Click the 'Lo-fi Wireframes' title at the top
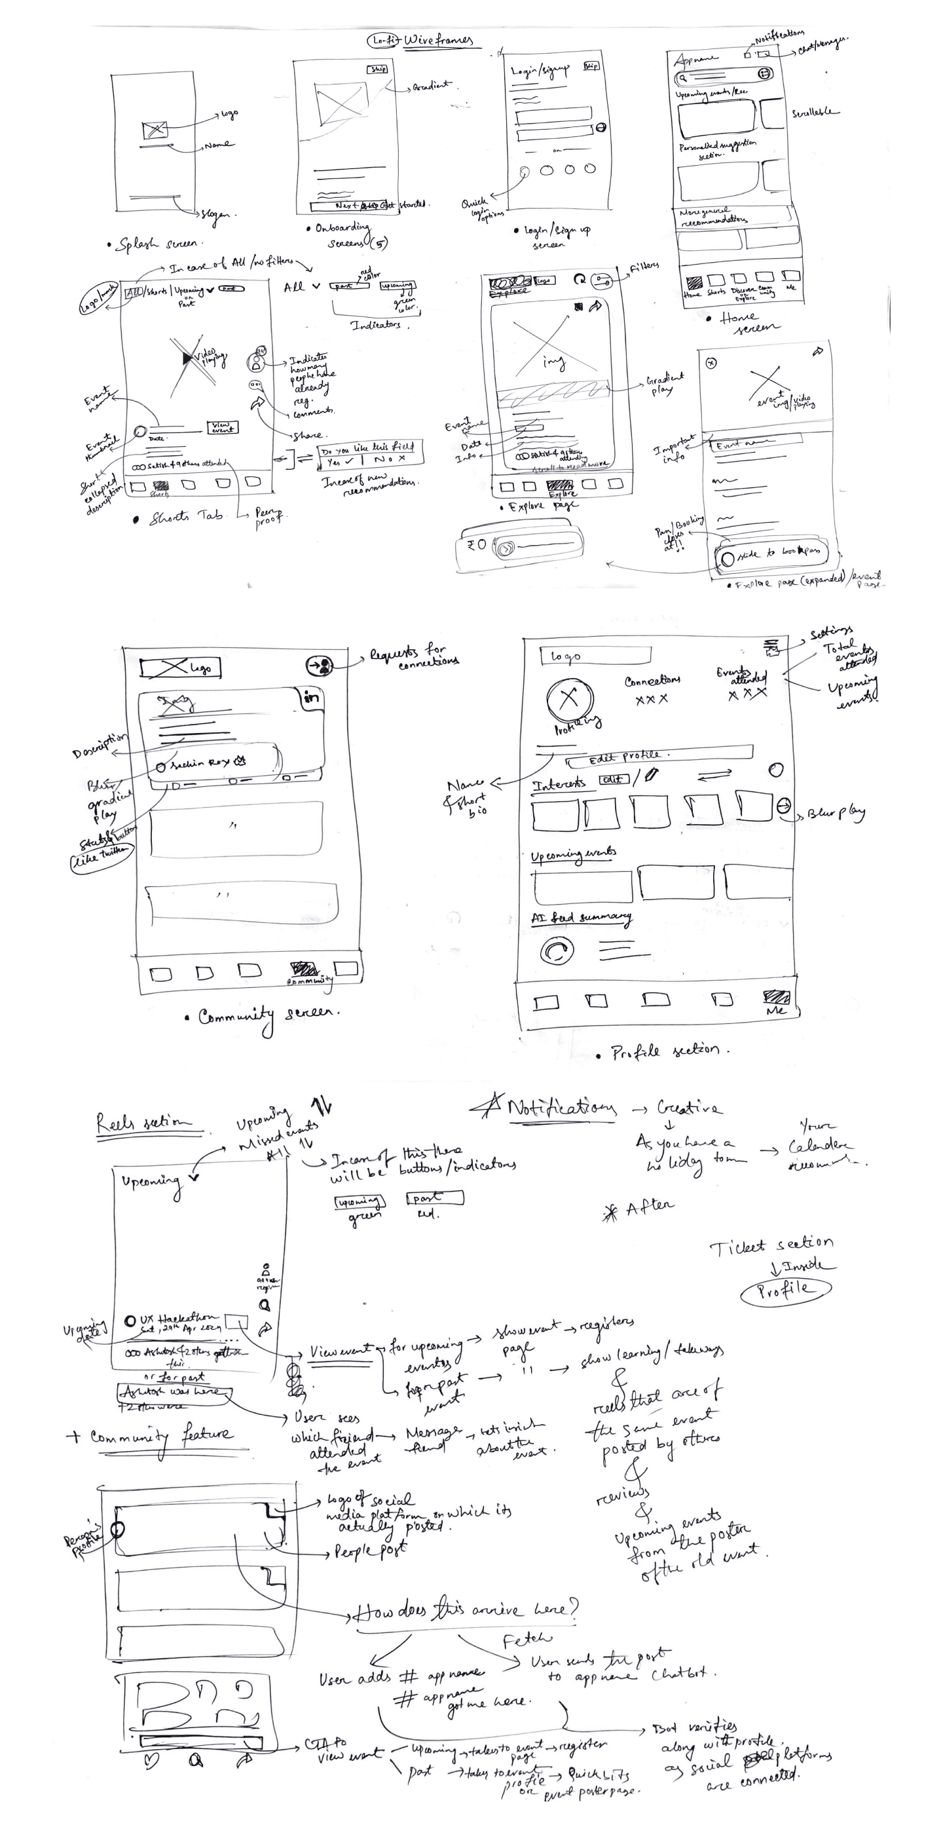[x=422, y=41]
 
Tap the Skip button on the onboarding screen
[x=377, y=69]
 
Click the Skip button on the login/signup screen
[x=591, y=66]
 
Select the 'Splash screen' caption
[x=156, y=244]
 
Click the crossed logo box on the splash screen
[x=155, y=130]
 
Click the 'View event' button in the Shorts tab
[x=222, y=427]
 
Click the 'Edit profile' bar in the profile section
[x=659, y=757]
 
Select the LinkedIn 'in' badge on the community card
[x=310, y=697]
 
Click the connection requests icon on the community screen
[x=320, y=666]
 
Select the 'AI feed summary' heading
[x=581, y=918]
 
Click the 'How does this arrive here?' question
[x=465, y=1610]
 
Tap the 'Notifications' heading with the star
[x=553, y=1108]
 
